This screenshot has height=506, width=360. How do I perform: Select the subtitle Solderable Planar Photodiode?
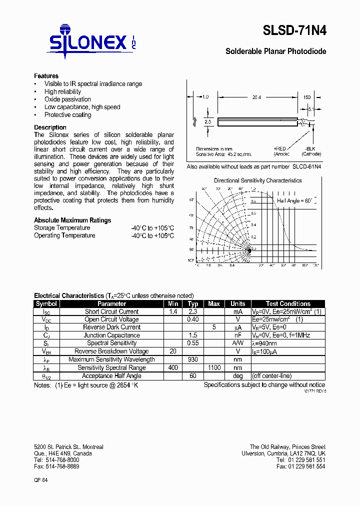pyautogui.click(x=275, y=51)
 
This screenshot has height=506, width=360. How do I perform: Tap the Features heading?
pyautogui.click(x=46, y=76)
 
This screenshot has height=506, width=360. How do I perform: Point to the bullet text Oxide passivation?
pyautogui.click(x=67, y=99)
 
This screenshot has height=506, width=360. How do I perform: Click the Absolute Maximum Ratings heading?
pyautogui.click(x=72, y=220)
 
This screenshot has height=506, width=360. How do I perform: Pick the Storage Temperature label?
pyautogui.click(x=62, y=228)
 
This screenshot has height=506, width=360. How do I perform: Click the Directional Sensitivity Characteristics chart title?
pyautogui.click(x=257, y=180)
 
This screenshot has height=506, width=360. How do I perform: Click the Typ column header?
pyautogui.click(x=193, y=303)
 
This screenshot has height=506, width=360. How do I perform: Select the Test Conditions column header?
pyautogui.click(x=288, y=303)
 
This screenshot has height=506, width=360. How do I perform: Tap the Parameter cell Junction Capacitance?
pyautogui.click(x=111, y=335)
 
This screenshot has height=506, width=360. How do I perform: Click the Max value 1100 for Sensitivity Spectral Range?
pyautogui.click(x=213, y=367)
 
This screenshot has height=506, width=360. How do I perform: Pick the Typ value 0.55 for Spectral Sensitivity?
pyautogui.click(x=193, y=343)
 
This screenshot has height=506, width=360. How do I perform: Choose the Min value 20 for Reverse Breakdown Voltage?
pyautogui.click(x=173, y=351)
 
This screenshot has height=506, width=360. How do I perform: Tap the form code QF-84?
pyautogui.click(x=41, y=479)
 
